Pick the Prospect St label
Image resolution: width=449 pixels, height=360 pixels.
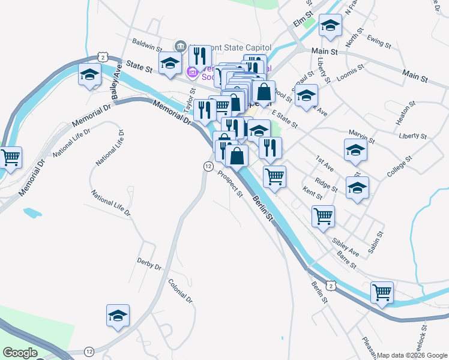(x=231, y=184)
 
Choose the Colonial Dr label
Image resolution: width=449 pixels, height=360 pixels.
(x=180, y=291)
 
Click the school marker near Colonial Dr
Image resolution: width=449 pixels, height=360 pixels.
(x=118, y=316)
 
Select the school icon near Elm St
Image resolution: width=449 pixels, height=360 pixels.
(x=330, y=26)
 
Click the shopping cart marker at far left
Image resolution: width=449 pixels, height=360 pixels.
(x=10, y=158)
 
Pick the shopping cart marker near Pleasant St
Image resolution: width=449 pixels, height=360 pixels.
(x=382, y=293)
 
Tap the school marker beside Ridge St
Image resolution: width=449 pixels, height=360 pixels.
(x=358, y=188)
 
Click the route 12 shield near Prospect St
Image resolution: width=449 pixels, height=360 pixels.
(x=208, y=166)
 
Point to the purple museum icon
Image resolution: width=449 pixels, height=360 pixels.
(x=193, y=73)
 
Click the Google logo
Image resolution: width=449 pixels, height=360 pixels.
(x=20, y=353)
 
